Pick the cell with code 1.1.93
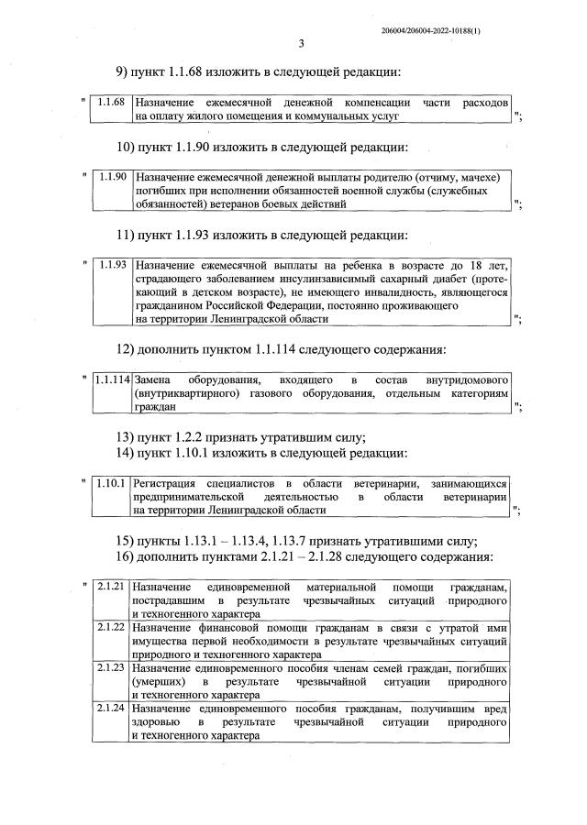point(112,265)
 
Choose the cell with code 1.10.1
point(112,482)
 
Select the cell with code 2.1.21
point(112,586)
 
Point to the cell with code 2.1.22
point(112,627)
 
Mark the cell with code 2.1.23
point(112,668)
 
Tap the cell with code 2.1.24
point(112,709)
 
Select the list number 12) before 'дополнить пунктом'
point(125,349)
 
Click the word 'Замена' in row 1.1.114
point(153,379)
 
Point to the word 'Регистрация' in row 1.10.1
point(167,482)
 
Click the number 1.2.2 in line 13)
point(194,435)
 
